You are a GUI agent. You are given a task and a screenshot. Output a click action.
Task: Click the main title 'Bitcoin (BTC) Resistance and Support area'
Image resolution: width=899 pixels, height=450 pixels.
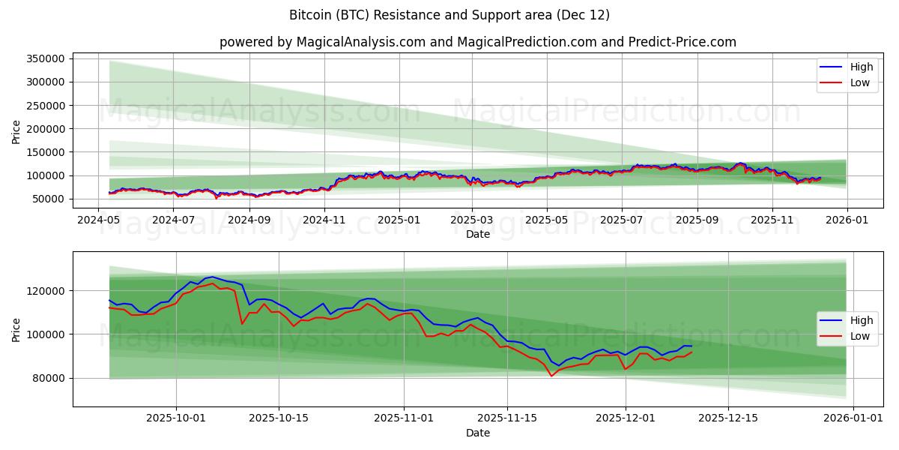click(449, 15)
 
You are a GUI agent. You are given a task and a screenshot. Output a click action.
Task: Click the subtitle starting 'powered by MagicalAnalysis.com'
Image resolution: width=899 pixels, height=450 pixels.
click(477, 42)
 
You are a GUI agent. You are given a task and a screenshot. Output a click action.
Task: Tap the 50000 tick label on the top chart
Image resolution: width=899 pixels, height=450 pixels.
click(49, 199)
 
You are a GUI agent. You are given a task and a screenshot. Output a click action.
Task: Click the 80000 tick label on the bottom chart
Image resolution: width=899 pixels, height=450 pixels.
click(49, 378)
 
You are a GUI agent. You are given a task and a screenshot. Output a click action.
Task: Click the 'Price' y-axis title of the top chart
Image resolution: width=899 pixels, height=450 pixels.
click(16, 132)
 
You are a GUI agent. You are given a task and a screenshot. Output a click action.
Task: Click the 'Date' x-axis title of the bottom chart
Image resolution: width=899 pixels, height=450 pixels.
click(477, 433)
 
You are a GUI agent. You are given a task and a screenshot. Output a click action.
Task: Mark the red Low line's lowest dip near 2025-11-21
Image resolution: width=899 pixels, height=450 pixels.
click(551, 376)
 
